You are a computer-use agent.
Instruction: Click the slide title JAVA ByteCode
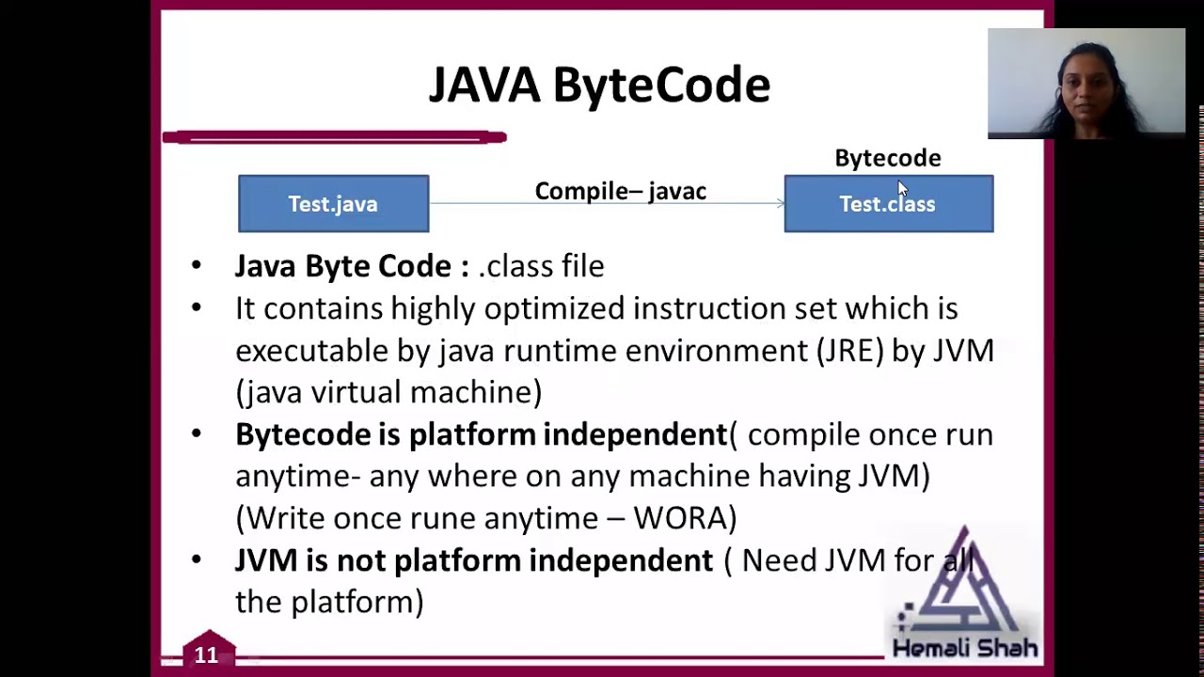point(599,85)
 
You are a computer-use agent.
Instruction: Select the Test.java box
point(333,204)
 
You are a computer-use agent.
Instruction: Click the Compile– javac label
point(620,191)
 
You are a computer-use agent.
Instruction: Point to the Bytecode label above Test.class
point(887,158)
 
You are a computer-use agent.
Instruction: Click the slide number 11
point(206,654)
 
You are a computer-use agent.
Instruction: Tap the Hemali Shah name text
point(964,648)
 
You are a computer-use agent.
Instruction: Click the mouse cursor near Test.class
point(902,188)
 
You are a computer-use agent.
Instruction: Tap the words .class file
point(541,266)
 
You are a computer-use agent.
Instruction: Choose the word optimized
point(554,308)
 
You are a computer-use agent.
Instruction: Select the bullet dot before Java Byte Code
point(196,266)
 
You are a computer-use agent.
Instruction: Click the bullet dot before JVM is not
point(196,560)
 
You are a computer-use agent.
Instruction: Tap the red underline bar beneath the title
point(334,137)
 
